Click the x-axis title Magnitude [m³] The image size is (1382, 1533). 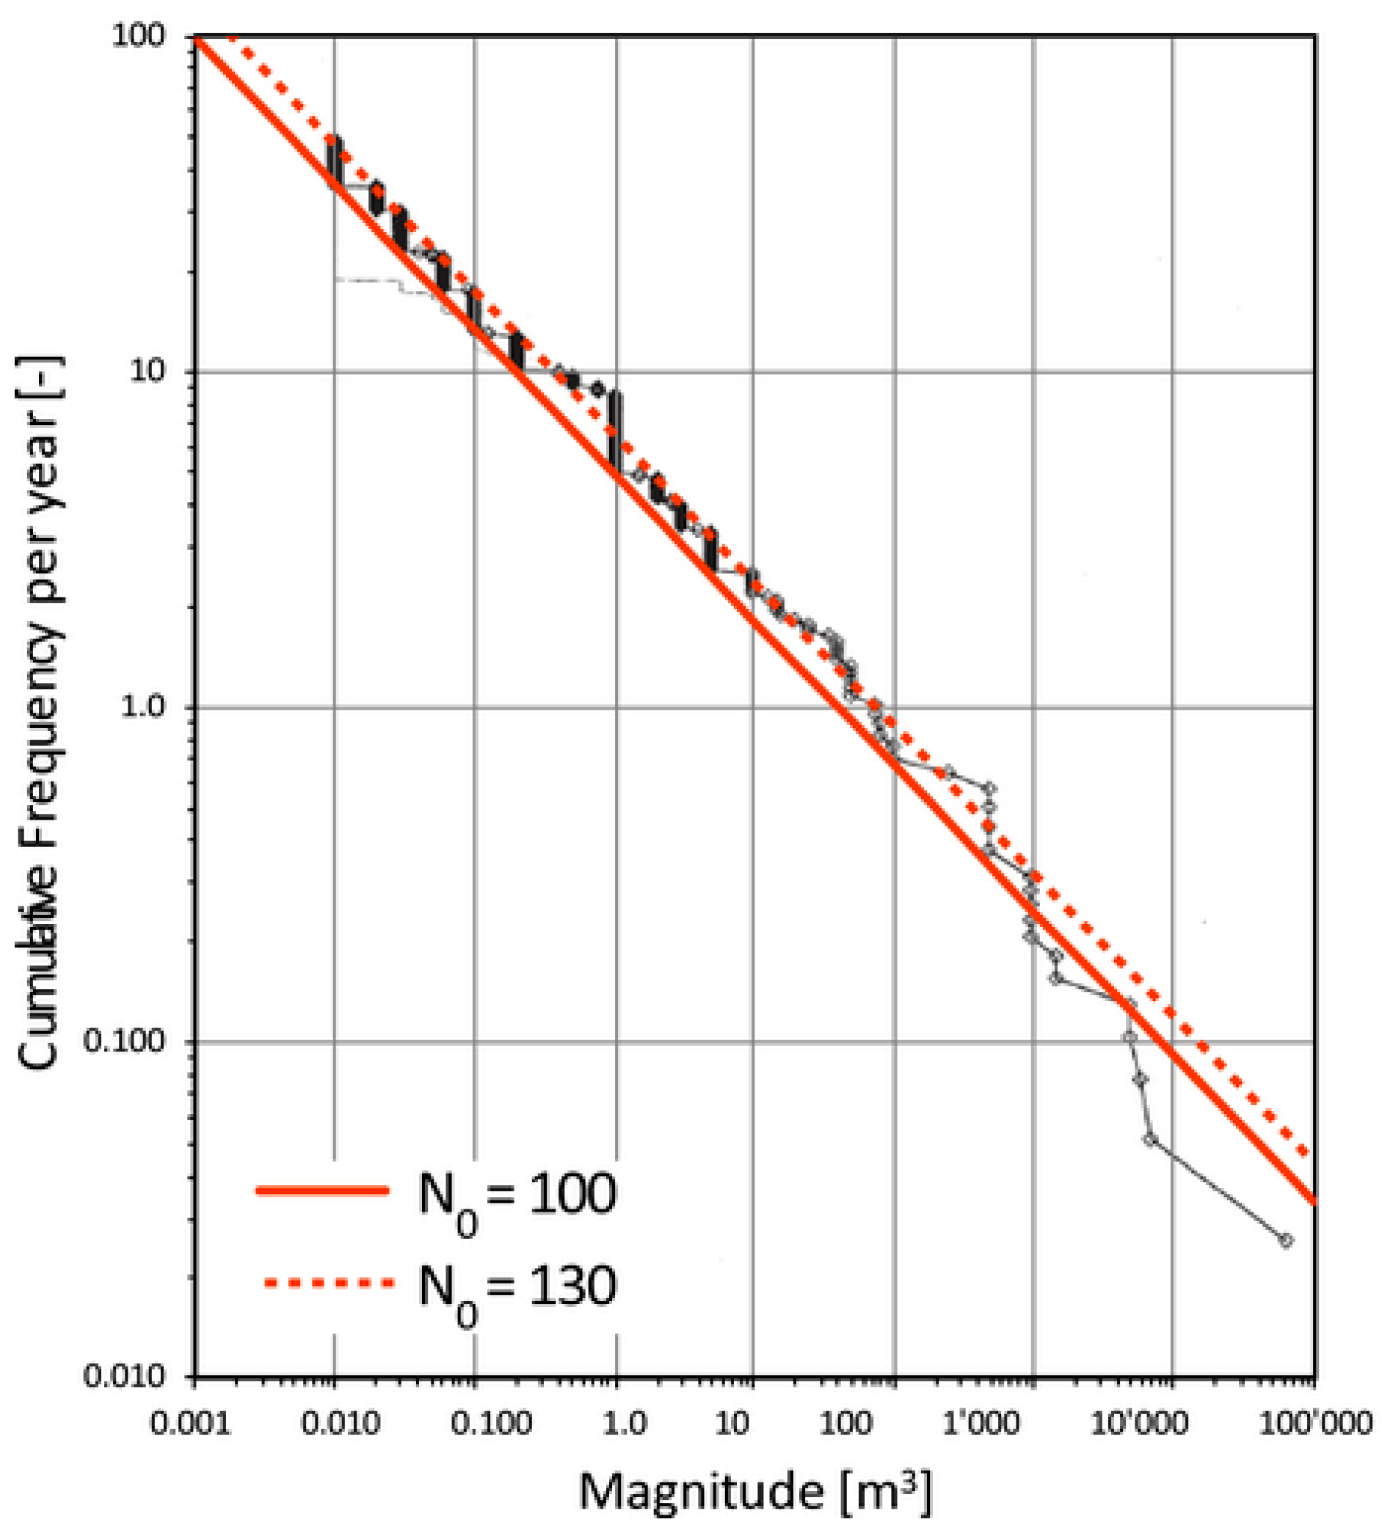(754, 1490)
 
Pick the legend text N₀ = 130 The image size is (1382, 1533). (517, 1283)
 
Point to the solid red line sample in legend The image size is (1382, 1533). (323, 1190)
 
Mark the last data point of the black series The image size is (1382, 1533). (1286, 1240)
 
